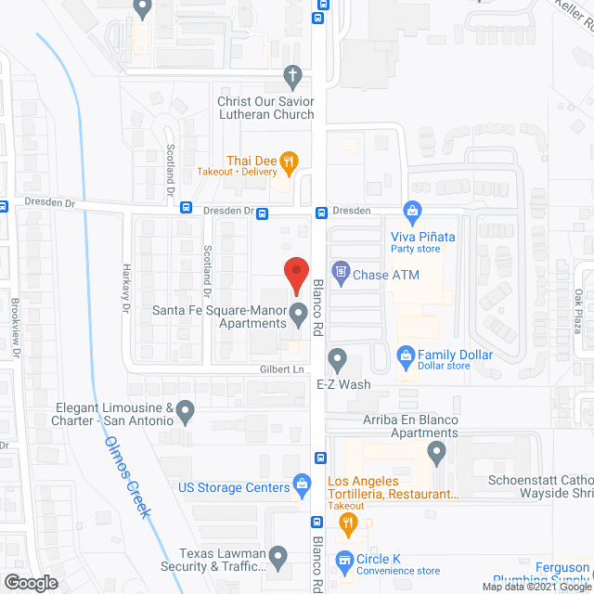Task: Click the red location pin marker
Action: (295, 274)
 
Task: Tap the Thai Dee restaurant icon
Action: (290, 161)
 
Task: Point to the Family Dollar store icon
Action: (405, 355)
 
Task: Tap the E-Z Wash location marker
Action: (337, 357)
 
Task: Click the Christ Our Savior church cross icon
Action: (292, 74)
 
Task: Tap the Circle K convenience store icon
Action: (344, 560)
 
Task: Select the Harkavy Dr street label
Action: (127, 288)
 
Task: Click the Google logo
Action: (30, 582)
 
